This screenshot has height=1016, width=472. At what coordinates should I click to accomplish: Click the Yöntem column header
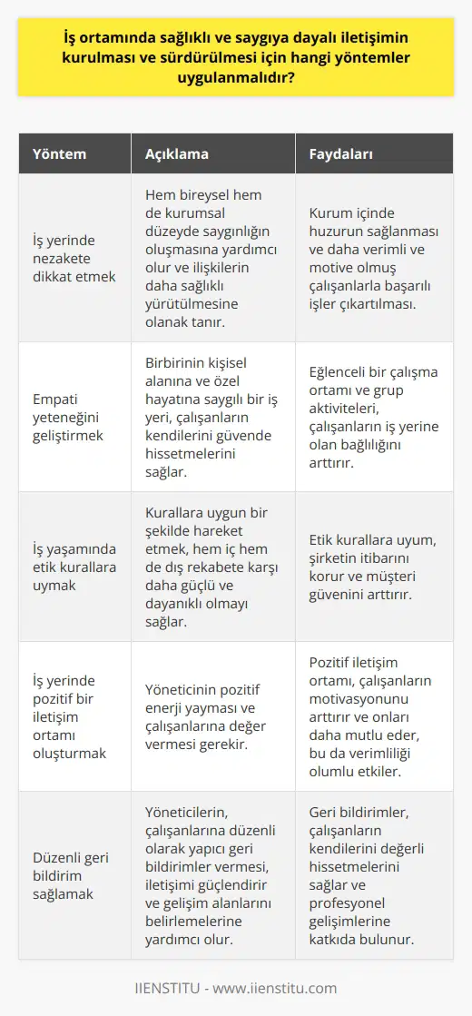click(62, 154)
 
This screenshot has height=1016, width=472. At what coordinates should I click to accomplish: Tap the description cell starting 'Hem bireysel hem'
click(211, 258)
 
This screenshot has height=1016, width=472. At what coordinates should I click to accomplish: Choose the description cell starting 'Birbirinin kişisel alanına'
click(211, 417)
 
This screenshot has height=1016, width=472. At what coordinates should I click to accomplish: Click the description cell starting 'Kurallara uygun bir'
click(211, 567)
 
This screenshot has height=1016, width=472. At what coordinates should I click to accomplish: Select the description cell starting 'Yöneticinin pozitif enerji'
click(211, 716)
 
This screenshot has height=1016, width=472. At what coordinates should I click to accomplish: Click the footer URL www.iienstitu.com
click(285, 989)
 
